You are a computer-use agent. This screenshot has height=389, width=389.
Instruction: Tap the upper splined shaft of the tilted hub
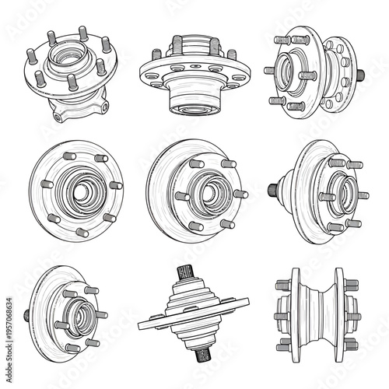point(186,273)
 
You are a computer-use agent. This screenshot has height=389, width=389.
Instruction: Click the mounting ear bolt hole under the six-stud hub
point(58,116)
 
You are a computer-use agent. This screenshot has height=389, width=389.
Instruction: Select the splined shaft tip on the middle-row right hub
point(273,190)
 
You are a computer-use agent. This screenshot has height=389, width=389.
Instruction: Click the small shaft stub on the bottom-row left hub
point(27,315)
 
